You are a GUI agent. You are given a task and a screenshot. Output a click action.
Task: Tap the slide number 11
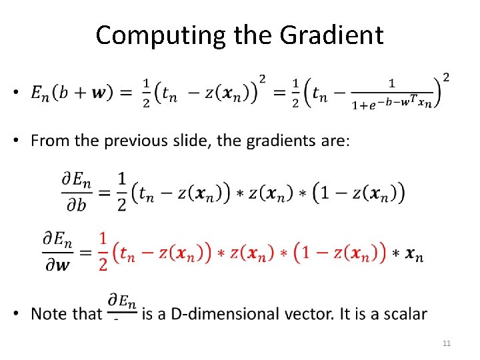pos(447,343)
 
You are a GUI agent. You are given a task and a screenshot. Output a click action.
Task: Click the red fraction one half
pos(103,251)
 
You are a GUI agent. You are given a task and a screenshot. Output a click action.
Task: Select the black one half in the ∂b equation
pos(121,192)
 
